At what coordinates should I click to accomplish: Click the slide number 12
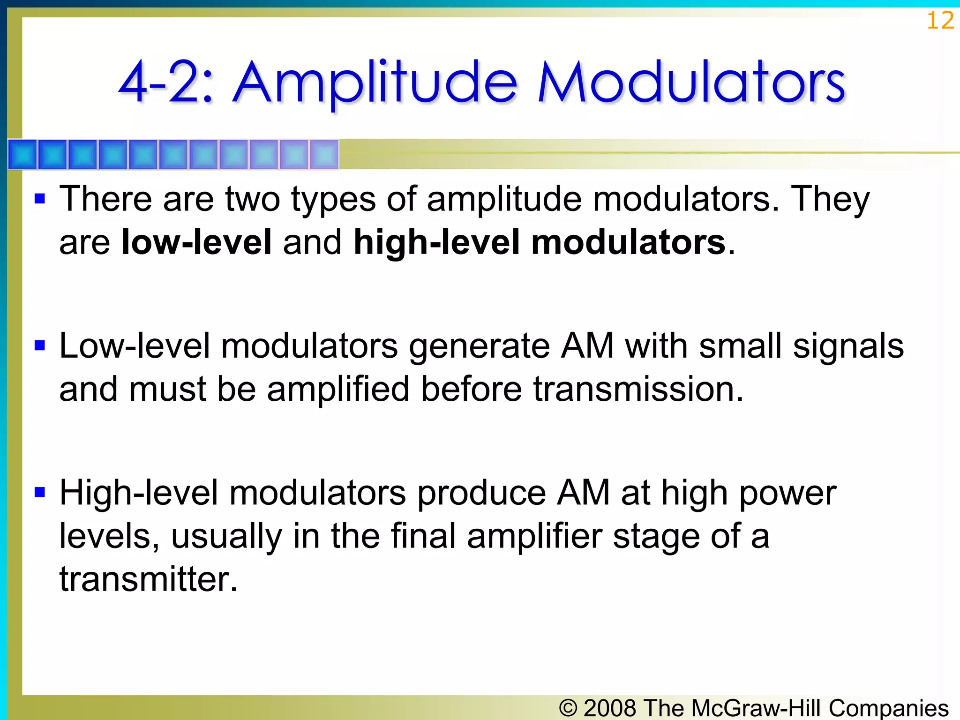[940, 21]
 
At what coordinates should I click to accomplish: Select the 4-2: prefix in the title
[166, 83]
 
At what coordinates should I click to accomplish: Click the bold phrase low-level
[196, 242]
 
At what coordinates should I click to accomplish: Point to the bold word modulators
[628, 242]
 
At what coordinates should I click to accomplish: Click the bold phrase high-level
[436, 242]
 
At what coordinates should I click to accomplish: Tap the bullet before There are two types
[40, 199]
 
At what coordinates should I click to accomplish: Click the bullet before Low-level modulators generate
[40, 346]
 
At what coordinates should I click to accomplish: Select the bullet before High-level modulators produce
[40, 493]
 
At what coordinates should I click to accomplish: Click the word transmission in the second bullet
[638, 389]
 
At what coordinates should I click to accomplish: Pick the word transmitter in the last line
[148, 579]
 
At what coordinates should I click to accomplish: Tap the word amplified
[338, 390]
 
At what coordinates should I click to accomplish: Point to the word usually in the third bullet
[226, 536]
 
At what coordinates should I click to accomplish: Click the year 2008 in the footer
[610, 707]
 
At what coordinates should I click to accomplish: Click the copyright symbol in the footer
[568, 708]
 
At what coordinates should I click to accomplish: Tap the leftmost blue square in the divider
[22, 154]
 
